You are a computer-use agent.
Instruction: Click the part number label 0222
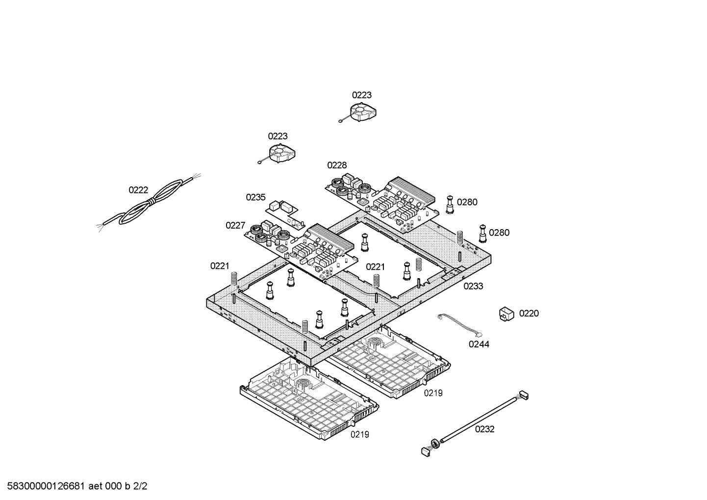(138, 190)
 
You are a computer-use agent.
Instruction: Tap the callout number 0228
(337, 165)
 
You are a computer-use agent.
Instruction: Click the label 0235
(255, 197)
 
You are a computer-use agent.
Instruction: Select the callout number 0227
(235, 225)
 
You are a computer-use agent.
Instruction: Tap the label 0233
(473, 286)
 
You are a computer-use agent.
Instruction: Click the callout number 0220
(529, 313)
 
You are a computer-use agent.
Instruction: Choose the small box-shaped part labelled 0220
(506, 313)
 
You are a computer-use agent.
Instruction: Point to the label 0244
(479, 344)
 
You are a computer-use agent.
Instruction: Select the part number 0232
(484, 429)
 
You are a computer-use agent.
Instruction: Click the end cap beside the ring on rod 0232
(425, 451)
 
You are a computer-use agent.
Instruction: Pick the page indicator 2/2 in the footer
(141, 487)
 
